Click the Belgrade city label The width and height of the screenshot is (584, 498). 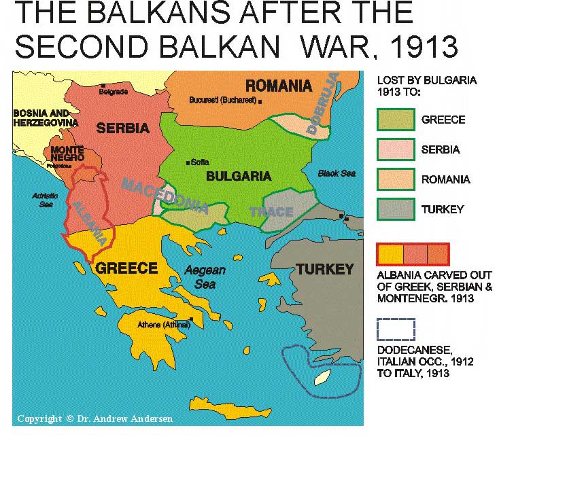pos(113,90)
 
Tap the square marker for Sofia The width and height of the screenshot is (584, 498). pos(188,162)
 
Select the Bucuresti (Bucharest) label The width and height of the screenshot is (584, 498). pos(222,100)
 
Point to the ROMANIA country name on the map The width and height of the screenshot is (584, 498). pos(278,86)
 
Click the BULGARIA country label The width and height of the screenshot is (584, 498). pos(238,177)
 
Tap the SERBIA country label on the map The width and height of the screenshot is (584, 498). pos(122,128)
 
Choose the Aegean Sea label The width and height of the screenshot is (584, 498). pos(204,277)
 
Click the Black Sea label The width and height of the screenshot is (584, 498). pos(337,173)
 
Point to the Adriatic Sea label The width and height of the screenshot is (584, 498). pos(46,200)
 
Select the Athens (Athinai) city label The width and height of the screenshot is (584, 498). pos(163,324)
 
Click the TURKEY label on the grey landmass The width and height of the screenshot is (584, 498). pos(324,269)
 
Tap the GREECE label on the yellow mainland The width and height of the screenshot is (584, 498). pos(126,268)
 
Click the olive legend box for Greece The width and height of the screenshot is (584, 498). pos(396,120)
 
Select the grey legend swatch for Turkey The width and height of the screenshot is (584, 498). pos(396,209)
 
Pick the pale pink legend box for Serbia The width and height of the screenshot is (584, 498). pos(396,149)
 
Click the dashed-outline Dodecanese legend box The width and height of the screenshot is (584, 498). pos(396,329)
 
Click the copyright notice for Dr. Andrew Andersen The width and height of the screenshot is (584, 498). pos(95,419)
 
